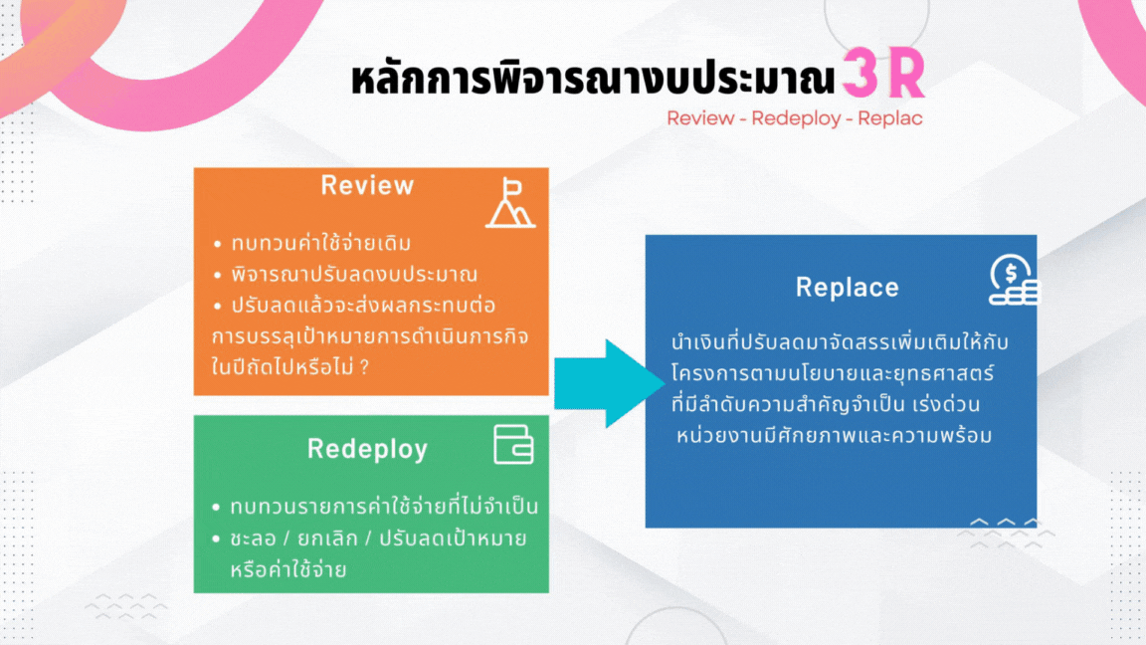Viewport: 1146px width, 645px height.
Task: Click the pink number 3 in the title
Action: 859,73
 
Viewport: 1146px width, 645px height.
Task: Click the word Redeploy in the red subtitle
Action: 796,118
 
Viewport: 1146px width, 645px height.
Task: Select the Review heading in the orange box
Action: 368,186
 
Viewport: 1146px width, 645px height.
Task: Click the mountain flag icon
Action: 511,203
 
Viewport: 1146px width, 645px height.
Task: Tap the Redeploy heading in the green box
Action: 368,449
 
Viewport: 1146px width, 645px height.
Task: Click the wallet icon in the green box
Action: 513,445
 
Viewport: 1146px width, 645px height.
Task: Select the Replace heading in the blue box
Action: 848,288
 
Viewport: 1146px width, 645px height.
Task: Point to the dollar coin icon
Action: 1014,280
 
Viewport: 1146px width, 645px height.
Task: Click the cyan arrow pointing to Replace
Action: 610,383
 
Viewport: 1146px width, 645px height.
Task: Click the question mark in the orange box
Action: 365,366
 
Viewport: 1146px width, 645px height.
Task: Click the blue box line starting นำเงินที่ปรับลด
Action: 840,341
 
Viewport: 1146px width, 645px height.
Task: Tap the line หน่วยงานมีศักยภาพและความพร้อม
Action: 834,436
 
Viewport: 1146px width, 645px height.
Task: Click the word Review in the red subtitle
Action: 701,118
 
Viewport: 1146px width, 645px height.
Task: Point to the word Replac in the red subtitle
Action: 890,118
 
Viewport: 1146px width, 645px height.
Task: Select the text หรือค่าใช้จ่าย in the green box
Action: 287,569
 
